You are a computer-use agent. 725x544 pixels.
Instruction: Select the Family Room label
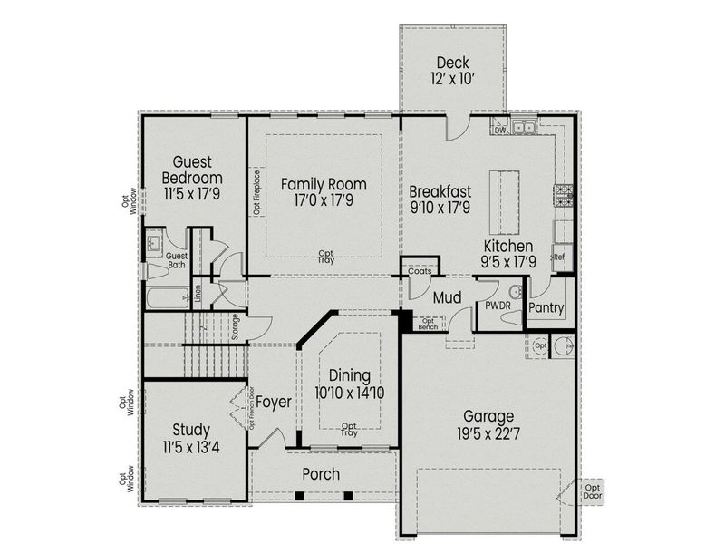tap(322, 184)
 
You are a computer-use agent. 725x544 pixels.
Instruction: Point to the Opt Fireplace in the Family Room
tap(257, 192)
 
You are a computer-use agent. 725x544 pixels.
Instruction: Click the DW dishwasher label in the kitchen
tap(499, 130)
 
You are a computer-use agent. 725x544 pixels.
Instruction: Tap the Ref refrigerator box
tap(558, 257)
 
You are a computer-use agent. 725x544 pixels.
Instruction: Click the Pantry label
tap(547, 308)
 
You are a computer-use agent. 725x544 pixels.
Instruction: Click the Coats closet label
tap(420, 269)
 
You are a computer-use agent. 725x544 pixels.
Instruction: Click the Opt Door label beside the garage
tap(594, 491)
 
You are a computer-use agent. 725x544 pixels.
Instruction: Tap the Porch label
tap(321, 473)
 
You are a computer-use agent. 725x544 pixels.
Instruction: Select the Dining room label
tap(350, 376)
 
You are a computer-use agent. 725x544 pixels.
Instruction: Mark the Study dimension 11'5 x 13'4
tap(191, 445)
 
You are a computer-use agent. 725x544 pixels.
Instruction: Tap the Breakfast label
tap(440, 191)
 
